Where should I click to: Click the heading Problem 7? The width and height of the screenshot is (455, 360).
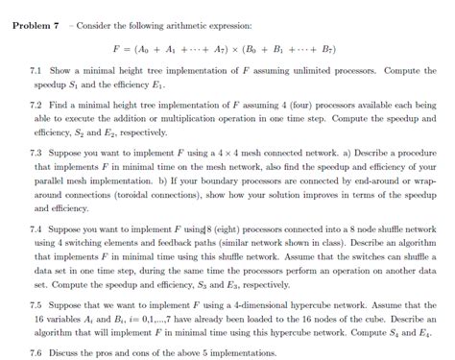pyautogui.click(x=35, y=22)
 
